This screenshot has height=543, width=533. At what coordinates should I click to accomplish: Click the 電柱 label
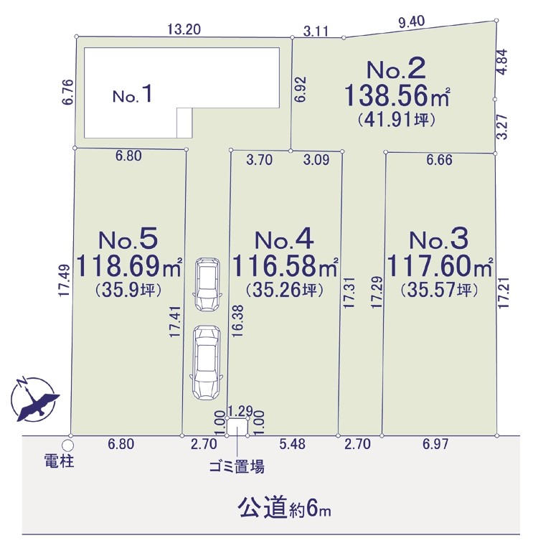pos(60,461)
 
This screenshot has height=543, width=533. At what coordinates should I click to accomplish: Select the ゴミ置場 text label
pos(237,467)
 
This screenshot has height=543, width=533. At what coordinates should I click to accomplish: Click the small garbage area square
pos(237,427)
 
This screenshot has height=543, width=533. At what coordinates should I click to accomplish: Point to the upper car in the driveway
pos(207,284)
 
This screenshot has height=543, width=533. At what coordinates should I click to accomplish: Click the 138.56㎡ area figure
pos(397,95)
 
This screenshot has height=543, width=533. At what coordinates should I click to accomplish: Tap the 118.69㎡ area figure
pos(128,266)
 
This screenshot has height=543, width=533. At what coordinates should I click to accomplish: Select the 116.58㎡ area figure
pos(285,266)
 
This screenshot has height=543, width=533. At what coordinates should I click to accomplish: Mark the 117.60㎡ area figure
pos(439,266)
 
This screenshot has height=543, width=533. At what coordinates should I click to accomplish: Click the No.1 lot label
pos(132,94)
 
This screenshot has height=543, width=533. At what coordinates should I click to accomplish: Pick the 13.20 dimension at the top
pos(184,29)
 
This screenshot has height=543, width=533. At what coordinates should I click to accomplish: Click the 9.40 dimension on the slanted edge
pos(412,22)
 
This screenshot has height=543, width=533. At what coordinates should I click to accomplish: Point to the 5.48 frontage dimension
pos(292,444)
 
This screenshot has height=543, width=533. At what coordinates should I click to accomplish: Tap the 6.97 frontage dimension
pos(435,444)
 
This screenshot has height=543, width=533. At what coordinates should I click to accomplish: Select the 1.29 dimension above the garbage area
pos(240,411)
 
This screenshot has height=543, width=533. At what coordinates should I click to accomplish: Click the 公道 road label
pos(263,509)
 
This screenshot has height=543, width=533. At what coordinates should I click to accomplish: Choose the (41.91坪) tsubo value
pos(396,120)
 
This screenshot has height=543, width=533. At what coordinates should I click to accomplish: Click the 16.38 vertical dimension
pos(238,321)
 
